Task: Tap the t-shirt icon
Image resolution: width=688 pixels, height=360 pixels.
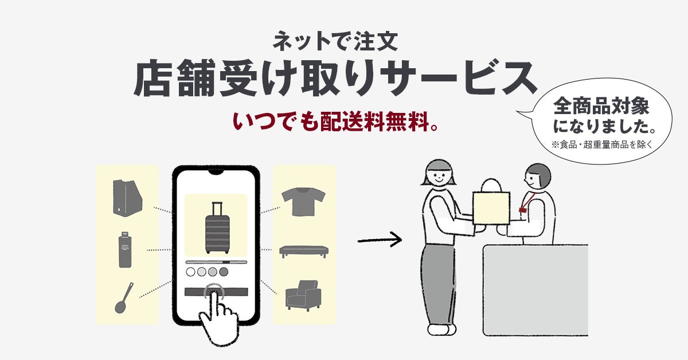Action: tap(303, 201)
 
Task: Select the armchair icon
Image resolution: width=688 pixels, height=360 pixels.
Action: tap(303, 295)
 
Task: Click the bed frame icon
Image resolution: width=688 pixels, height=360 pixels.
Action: tap(303, 251)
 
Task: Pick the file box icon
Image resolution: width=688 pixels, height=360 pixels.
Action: tap(127, 198)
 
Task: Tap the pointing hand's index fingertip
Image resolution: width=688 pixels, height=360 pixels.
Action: tap(216, 295)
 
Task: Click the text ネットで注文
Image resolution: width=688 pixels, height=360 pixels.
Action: tap(339, 41)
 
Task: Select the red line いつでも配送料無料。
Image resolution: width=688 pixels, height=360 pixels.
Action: tap(336, 123)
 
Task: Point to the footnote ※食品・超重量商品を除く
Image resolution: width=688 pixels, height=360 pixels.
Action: tap(602, 144)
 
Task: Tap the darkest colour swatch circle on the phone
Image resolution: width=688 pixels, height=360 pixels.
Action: tap(224, 271)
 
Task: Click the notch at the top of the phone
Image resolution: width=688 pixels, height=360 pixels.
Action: tap(216, 171)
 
